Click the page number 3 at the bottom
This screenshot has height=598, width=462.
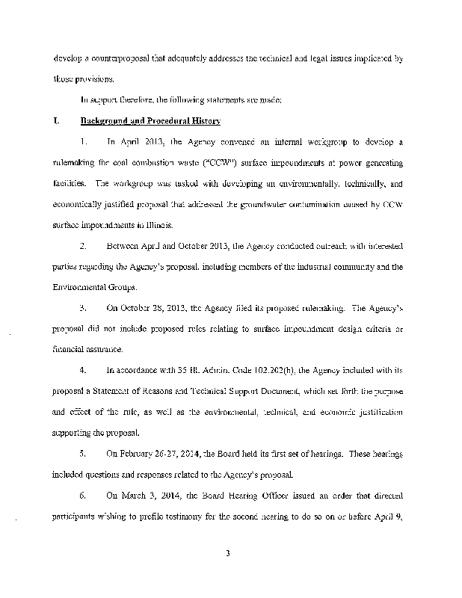tap(231, 554)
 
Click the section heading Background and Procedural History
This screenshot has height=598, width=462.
tap(150, 120)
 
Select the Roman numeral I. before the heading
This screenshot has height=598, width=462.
tap(55, 120)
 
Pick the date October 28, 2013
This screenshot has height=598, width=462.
tap(147, 306)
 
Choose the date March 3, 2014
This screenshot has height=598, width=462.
tap(143, 495)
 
